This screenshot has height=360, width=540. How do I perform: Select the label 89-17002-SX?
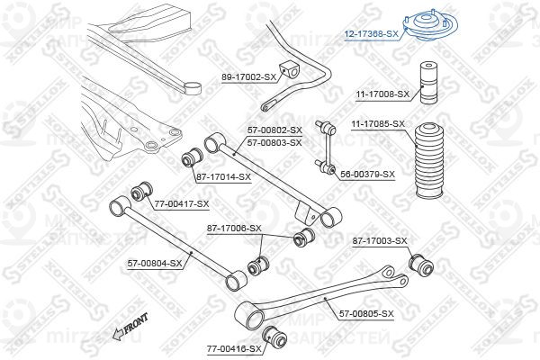tap(248, 77)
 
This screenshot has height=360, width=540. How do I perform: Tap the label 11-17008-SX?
tap(381, 94)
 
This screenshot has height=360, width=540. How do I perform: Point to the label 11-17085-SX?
tap(377, 123)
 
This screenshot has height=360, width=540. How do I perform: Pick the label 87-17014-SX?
tap(223, 176)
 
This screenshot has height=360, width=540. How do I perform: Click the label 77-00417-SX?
tap(181, 204)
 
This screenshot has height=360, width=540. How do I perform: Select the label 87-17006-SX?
tap(234, 228)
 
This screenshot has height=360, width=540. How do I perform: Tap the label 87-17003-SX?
tap(380, 240)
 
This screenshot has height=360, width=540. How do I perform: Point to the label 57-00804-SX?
tap(154, 264)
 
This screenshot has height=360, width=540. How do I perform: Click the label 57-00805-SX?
tap(366, 313)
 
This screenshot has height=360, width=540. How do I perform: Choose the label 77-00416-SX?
tap(233, 348)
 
